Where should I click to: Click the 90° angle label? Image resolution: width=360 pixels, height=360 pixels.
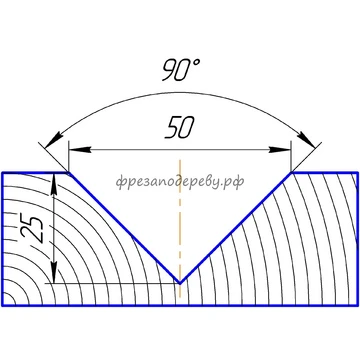[x=181, y=70]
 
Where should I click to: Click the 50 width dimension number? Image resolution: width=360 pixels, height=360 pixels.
[x=180, y=128]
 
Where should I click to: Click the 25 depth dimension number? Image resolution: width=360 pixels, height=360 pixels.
[x=34, y=230]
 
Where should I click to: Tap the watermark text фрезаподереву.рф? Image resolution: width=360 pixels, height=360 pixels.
[x=180, y=182]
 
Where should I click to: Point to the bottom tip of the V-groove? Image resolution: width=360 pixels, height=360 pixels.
[x=180, y=284]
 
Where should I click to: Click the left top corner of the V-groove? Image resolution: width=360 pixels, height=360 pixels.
[x=69, y=173]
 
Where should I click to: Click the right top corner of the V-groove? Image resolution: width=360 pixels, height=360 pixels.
[x=291, y=173]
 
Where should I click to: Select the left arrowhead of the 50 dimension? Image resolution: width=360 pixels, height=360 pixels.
[x=80, y=150]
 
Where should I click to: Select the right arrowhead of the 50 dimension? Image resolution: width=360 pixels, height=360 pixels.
[x=280, y=150]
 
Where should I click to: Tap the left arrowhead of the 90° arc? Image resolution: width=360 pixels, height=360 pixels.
[x=54, y=139]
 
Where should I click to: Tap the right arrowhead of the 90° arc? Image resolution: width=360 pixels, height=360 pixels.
[x=306, y=139]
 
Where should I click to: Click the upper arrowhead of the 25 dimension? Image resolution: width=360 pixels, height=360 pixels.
[x=54, y=184]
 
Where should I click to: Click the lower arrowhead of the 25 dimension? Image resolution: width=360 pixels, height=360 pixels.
[x=54, y=272]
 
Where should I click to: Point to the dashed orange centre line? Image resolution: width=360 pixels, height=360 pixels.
[x=180, y=229]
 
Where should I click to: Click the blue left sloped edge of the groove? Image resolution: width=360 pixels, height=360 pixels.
[x=124, y=228]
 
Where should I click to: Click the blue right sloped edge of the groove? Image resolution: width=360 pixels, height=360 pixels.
[x=236, y=228]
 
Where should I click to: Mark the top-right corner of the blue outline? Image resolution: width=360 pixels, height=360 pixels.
[x=358, y=173]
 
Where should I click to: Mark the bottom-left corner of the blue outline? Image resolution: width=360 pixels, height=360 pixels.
[x=2, y=305]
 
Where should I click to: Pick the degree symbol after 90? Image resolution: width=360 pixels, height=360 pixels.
[x=197, y=63]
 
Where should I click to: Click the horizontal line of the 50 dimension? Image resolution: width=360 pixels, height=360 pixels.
[x=180, y=150]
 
